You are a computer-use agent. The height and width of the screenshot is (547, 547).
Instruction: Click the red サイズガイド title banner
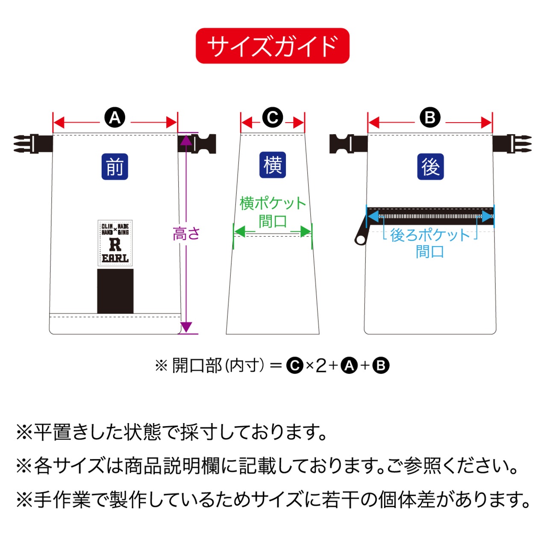(x=273, y=46)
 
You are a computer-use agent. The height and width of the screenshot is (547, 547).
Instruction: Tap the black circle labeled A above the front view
(x=115, y=117)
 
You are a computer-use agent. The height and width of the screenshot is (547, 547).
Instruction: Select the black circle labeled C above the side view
(x=273, y=117)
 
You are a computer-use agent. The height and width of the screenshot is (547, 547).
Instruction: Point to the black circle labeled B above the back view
(x=430, y=117)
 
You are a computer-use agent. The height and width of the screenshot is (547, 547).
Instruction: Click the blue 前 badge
(x=115, y=166)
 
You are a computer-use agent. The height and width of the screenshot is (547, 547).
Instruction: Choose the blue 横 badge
(x=273, y=165)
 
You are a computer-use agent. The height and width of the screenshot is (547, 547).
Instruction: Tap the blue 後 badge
(x=430, y=166)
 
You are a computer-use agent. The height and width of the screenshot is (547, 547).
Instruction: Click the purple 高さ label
(x=186, y=234)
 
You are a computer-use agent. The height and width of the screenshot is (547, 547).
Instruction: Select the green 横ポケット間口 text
(x=273, y=212)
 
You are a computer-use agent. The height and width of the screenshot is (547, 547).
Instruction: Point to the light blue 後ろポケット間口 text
(x=430, y=243)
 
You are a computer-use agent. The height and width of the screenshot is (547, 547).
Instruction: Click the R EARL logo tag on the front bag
(x=115, y=243)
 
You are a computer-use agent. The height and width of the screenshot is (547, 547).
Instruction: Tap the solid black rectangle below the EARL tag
(x=115, y=291)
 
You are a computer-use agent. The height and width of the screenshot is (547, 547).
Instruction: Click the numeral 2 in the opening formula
(x=321, y=366)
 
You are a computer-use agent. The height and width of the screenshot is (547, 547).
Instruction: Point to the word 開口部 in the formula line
(x=197, y=366)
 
